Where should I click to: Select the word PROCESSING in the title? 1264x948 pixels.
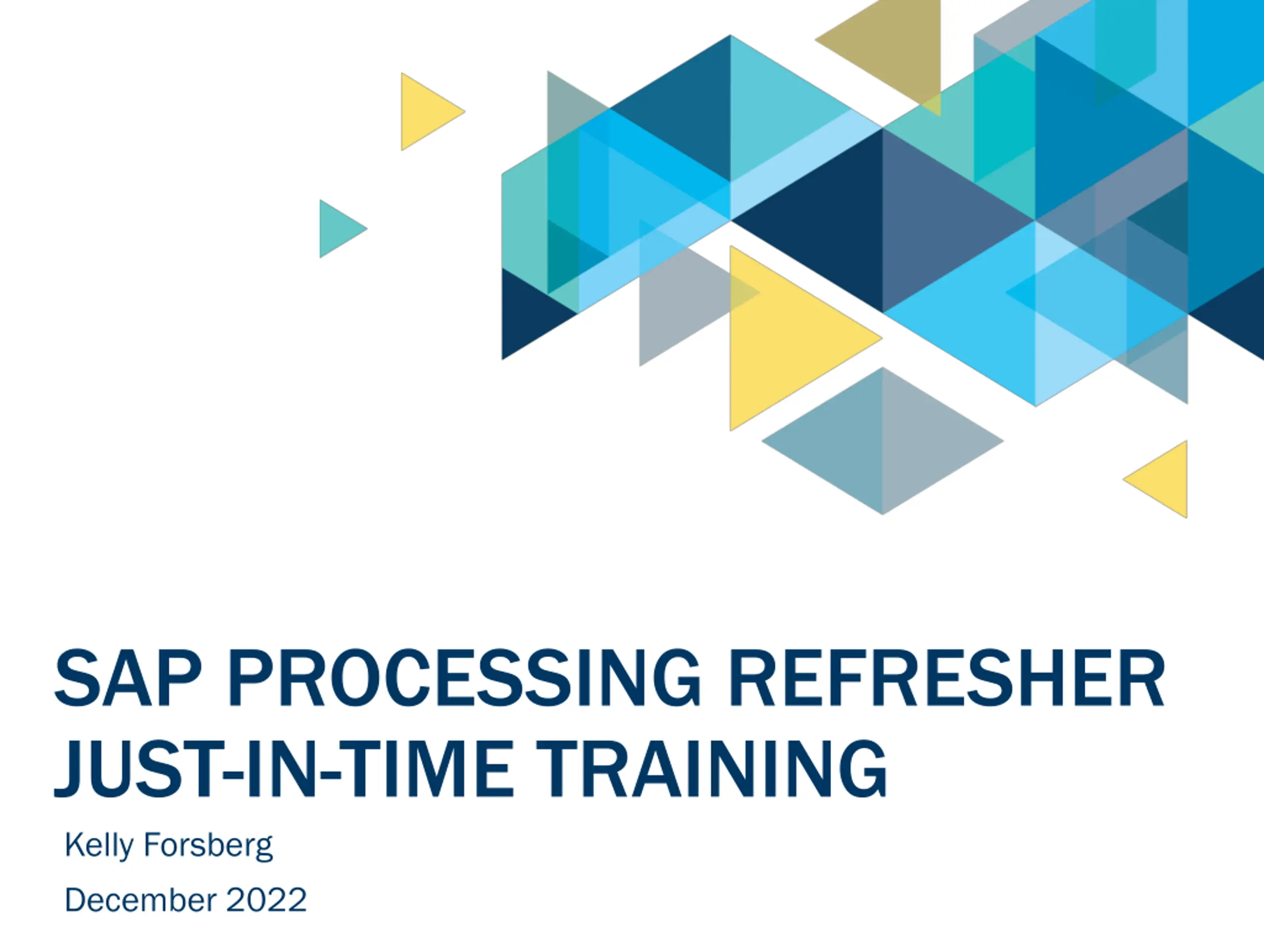click(464, 678)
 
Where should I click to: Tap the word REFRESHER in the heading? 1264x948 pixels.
click(947, 678)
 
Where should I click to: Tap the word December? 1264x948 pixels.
click(141, 901)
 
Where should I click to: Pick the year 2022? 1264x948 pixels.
click(266, 901)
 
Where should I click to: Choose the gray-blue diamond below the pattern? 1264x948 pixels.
click(882, 441)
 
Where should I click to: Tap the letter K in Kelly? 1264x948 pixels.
click(76, 845)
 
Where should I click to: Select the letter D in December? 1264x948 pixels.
click(76, 901)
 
